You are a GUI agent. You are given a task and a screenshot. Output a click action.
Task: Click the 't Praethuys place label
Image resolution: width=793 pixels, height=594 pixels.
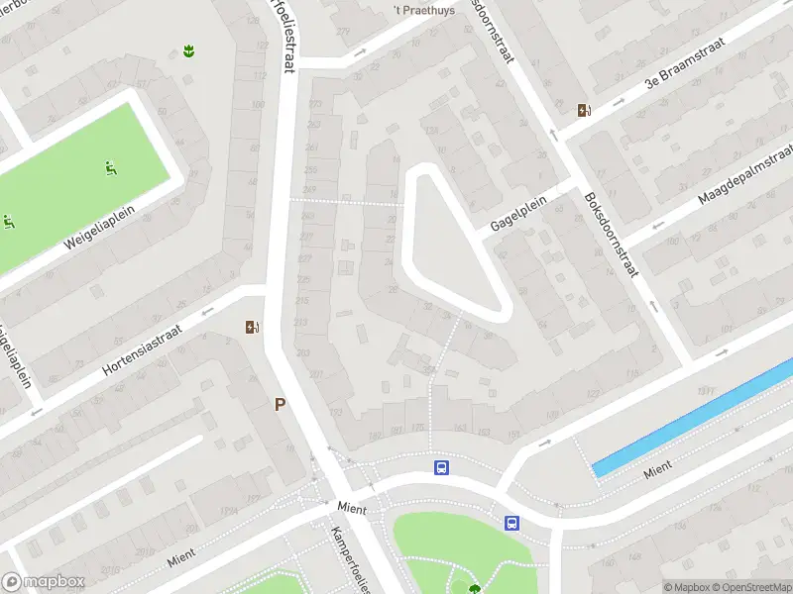423,11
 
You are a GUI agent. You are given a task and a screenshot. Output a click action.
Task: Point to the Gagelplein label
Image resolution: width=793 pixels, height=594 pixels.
518,211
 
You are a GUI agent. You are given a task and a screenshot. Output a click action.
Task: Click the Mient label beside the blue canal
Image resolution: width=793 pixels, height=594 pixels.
658,469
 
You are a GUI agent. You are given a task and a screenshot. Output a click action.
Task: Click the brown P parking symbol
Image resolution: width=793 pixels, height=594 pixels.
281,404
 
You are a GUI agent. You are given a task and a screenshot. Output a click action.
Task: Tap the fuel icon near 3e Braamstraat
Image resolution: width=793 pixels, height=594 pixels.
585,111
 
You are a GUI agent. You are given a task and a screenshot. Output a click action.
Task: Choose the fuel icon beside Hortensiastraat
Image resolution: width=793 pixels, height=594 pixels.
252,327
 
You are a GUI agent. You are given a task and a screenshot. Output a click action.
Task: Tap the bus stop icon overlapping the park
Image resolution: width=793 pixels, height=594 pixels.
511,523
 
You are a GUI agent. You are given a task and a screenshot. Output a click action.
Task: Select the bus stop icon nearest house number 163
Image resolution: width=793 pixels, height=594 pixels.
442,467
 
